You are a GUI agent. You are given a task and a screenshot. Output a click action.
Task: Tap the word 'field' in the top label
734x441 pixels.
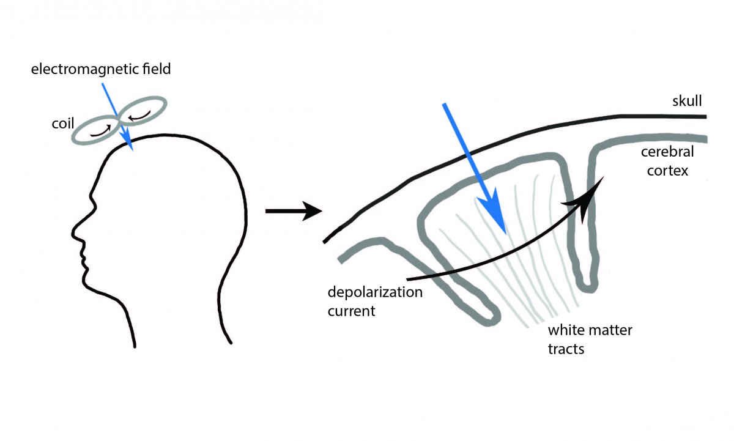[157, 69]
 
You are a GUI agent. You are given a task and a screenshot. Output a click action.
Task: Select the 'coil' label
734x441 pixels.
[63, 124]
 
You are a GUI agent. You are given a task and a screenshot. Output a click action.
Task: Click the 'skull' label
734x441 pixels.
[687, 100]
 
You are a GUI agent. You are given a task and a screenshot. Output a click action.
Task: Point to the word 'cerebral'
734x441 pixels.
[667, 152]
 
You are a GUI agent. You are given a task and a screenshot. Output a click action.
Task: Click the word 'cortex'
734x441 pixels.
[667, 171]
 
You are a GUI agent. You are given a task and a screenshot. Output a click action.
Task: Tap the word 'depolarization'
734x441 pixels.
[375, 292]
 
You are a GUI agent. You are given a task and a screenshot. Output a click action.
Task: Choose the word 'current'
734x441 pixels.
[351, 311]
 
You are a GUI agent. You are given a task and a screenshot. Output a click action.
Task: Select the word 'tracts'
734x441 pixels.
[566, 349]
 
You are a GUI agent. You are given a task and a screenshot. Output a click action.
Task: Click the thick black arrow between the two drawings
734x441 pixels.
[294, 212]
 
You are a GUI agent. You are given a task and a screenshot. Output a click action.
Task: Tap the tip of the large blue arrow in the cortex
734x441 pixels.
[506, 235]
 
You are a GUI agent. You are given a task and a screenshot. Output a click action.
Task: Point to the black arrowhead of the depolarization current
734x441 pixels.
[587, 200]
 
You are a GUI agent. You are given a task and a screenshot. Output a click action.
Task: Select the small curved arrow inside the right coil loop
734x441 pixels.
[139, 116]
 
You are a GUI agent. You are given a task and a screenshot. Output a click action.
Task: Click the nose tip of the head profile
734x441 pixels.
[72, 233]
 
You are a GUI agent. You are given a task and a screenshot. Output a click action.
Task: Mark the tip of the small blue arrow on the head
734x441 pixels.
[133, 150]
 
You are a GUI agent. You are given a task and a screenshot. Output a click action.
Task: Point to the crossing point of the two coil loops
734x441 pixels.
[119, 120]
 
